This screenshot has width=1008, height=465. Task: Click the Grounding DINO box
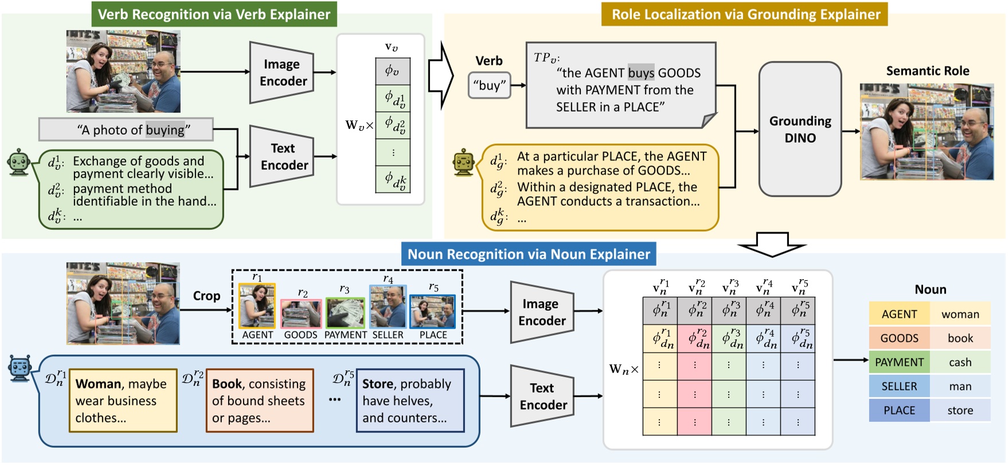click(800, 130)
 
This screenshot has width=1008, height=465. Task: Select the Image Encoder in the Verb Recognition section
click(282, 73)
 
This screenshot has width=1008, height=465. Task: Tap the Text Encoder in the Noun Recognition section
click(542, 396)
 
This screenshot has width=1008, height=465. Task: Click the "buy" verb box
click(489, 85)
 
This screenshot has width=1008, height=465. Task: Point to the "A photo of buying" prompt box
click(126, 130)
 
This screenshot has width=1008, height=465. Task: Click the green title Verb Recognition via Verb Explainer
click(214, 14)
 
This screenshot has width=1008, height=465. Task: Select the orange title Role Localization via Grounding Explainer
click(745, 14)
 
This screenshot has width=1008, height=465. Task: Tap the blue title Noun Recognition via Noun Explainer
click(528, 254)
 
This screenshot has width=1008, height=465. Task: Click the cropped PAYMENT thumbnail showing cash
click(345, 313)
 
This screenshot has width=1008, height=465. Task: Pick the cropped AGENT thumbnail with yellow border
click(257, 306)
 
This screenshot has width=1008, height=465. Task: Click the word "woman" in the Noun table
click(960, 314)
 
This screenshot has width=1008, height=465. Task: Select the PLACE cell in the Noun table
click(898, 411)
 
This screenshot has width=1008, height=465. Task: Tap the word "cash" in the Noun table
click(960, 362)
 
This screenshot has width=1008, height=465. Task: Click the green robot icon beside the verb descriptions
click(19, 162)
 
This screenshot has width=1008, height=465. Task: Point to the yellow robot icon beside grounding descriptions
click(463, 162)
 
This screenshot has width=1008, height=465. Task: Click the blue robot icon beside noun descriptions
click(20, 368)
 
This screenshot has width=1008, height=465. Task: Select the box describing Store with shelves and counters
click(409, 400)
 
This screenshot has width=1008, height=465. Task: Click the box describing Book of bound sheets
click(259, 400)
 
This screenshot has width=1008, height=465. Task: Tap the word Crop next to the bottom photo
click(206, 296)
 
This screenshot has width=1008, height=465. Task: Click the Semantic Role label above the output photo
click(927, 71)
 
